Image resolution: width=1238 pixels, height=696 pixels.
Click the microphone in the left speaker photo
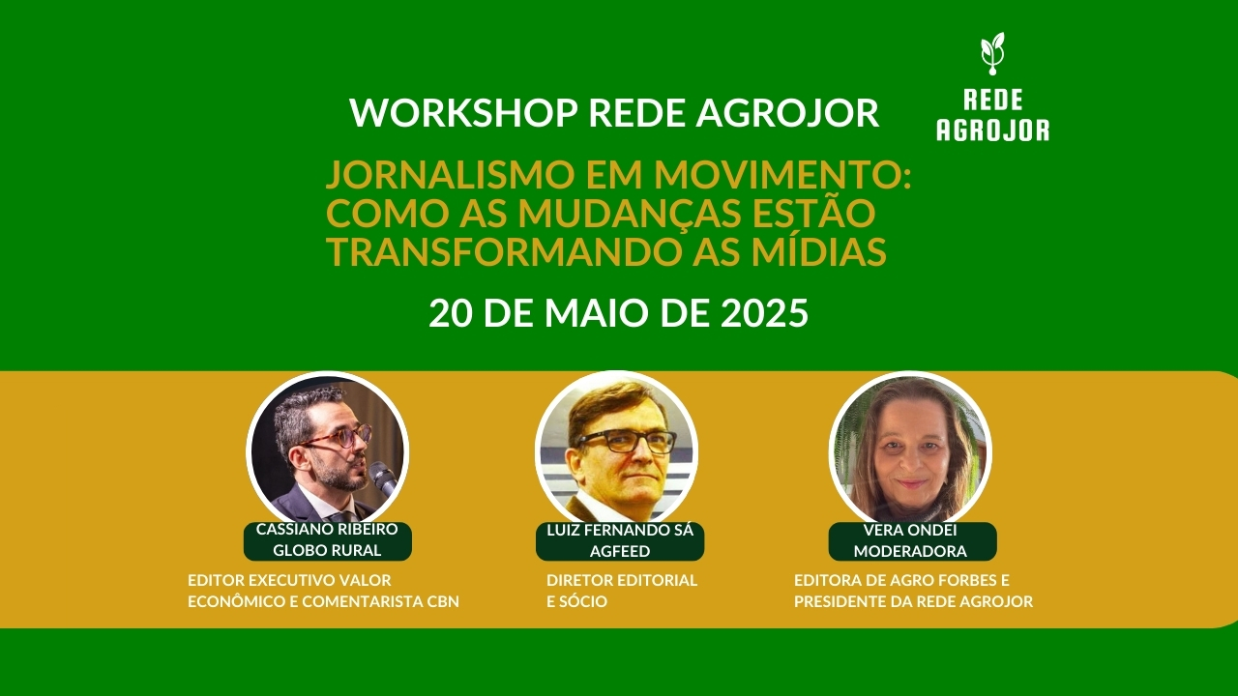point(383,478)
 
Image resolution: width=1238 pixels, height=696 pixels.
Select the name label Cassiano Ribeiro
point(327,530)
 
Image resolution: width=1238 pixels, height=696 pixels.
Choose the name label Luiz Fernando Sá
point(620,531)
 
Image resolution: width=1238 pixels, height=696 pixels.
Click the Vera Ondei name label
point(912,530)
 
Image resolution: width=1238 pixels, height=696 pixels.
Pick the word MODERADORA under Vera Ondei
point(912,551)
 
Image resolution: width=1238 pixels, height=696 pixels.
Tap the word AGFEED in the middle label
point(620,551)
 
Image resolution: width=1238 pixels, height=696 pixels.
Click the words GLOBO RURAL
point(327,551)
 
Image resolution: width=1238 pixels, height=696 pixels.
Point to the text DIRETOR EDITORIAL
point(621,581)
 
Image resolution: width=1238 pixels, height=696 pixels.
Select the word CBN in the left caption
point(441,602)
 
